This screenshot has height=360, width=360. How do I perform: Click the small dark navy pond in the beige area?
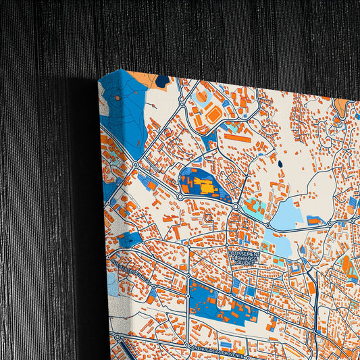[280, 163]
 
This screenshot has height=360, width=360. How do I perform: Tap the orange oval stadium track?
[213, 115]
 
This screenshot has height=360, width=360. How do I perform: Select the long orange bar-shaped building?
[237, 137]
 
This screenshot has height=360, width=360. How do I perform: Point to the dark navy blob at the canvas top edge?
[162, 81]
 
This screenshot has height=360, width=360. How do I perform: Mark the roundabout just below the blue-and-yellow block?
[236, 205]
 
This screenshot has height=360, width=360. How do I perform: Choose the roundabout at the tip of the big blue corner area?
[136, 165]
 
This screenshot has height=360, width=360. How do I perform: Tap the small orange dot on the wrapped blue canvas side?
[117, 99]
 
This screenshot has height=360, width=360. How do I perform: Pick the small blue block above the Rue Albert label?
[129, 238]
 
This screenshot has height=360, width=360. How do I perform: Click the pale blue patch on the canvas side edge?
[112, 284]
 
